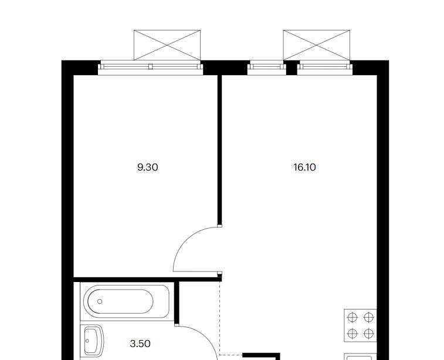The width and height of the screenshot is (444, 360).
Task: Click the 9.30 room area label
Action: point(148,167)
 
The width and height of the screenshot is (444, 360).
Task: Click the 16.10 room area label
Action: point(304,167)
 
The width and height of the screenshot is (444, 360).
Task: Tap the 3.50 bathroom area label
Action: point(140,344)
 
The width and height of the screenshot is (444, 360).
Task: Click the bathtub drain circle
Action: point(100,301)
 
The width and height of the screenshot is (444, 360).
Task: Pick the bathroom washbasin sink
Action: point(92,342)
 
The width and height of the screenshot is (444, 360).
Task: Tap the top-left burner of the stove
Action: point(353,318)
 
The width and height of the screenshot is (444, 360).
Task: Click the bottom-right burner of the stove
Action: point(369,334)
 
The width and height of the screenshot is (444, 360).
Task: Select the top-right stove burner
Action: point(369,318)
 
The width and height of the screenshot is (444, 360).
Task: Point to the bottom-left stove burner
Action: point(353,334)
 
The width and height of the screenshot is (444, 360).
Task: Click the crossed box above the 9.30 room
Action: point(167,45)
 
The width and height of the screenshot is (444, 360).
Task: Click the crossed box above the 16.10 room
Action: point(317,45)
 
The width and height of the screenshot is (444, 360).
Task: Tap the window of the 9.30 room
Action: point(151,67)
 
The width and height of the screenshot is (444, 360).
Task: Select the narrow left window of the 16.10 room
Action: point(267,67)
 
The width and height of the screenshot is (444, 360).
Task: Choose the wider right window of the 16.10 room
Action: point(325,67)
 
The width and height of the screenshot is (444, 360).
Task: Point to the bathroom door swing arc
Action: point(206,338)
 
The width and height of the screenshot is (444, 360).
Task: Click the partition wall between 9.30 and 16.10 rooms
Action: point(219,150)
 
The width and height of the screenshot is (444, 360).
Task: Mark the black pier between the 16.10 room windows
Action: point(292,68)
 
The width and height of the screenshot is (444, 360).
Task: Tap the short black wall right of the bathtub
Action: point(177,303)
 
